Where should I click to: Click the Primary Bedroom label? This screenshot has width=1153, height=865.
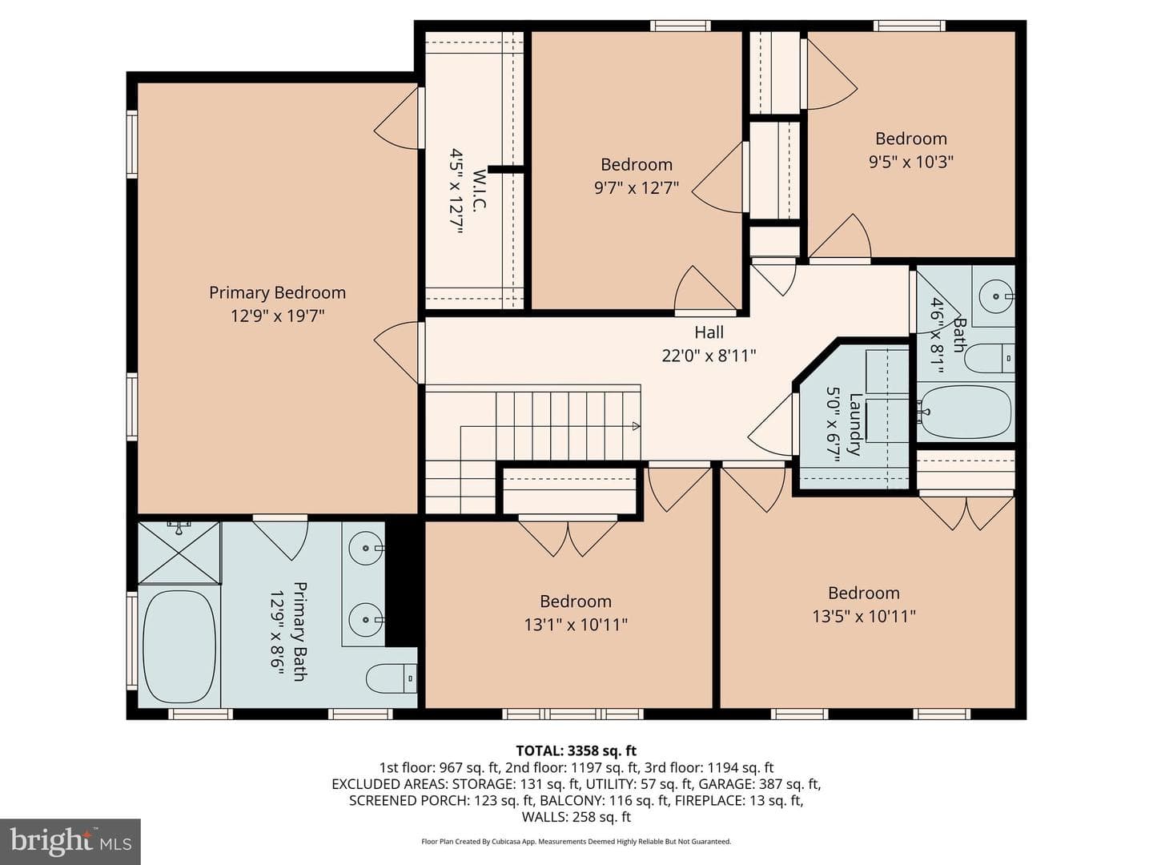(277, 292)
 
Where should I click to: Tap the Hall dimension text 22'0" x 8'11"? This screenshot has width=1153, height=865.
(709, 356)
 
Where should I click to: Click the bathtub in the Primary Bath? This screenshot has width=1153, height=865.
(179, 646)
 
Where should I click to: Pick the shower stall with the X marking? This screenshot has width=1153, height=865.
(179, 553)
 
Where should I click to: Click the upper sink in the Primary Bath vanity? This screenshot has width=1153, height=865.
(367, 548)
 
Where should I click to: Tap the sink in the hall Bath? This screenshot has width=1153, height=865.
(996, 296)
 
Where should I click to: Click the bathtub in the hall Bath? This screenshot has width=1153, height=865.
(966, 412)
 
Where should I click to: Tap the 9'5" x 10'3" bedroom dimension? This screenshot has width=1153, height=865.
(911, 161)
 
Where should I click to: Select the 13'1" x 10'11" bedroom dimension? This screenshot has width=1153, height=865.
(576, 625)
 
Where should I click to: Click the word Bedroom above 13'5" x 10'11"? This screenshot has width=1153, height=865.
(864, 593)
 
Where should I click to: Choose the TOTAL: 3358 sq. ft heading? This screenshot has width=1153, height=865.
(576, 750)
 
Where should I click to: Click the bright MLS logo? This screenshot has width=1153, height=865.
(70, 841)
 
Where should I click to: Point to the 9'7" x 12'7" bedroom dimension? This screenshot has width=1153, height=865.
(637, 187)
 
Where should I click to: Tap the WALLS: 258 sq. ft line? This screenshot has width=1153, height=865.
(576, 817)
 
